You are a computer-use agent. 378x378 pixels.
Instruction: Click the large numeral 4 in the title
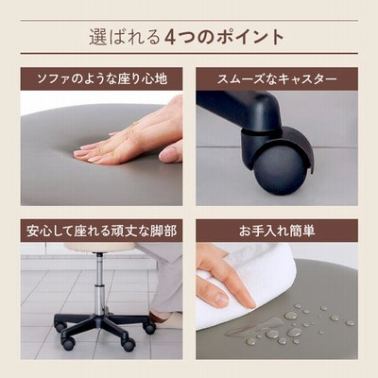170,37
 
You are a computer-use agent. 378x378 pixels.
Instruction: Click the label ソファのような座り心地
102,78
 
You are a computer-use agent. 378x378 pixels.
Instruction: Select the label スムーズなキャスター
277,78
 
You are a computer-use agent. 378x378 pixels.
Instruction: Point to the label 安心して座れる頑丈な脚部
101,231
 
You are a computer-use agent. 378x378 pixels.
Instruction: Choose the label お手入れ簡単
277,231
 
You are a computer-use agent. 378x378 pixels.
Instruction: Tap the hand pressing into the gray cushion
132,134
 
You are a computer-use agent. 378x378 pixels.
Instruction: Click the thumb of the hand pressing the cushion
171,152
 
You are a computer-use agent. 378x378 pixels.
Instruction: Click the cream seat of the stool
101,248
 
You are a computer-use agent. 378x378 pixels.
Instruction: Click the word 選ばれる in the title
125,38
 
